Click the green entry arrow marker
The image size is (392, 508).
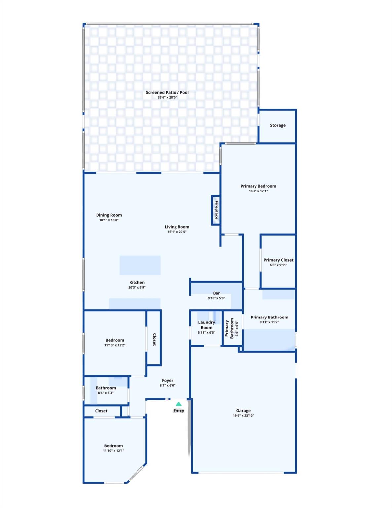(178, 404)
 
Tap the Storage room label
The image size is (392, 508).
(278, 125)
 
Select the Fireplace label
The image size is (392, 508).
(216, 210)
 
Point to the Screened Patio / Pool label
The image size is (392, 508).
(167, 92)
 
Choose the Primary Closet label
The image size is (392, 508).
(278, 260)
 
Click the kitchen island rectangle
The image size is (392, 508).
(140, 265)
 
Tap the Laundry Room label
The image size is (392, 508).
(206, 325)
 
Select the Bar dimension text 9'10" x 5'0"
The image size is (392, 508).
(216, 298)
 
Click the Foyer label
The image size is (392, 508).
(168, 380)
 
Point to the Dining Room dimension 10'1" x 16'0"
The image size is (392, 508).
(109, 220)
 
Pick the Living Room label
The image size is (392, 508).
(177, 227)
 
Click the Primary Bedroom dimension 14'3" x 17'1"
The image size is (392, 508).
(258, 191)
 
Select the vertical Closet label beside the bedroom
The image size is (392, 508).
(154, 339)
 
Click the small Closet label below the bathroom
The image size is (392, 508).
(101, 411)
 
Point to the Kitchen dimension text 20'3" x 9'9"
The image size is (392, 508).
(137, 287)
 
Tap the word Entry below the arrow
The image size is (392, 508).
(178, 411)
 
